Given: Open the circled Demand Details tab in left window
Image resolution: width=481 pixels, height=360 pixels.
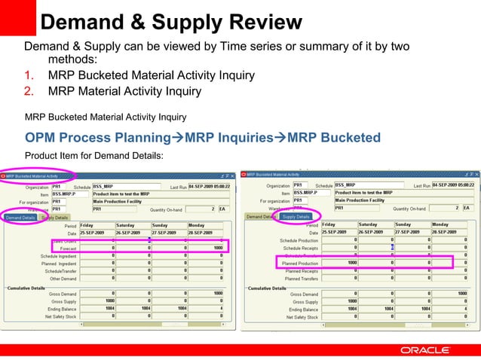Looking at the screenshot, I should (20, 217).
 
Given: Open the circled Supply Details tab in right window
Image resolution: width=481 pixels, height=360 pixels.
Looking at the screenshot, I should (296, 216).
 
